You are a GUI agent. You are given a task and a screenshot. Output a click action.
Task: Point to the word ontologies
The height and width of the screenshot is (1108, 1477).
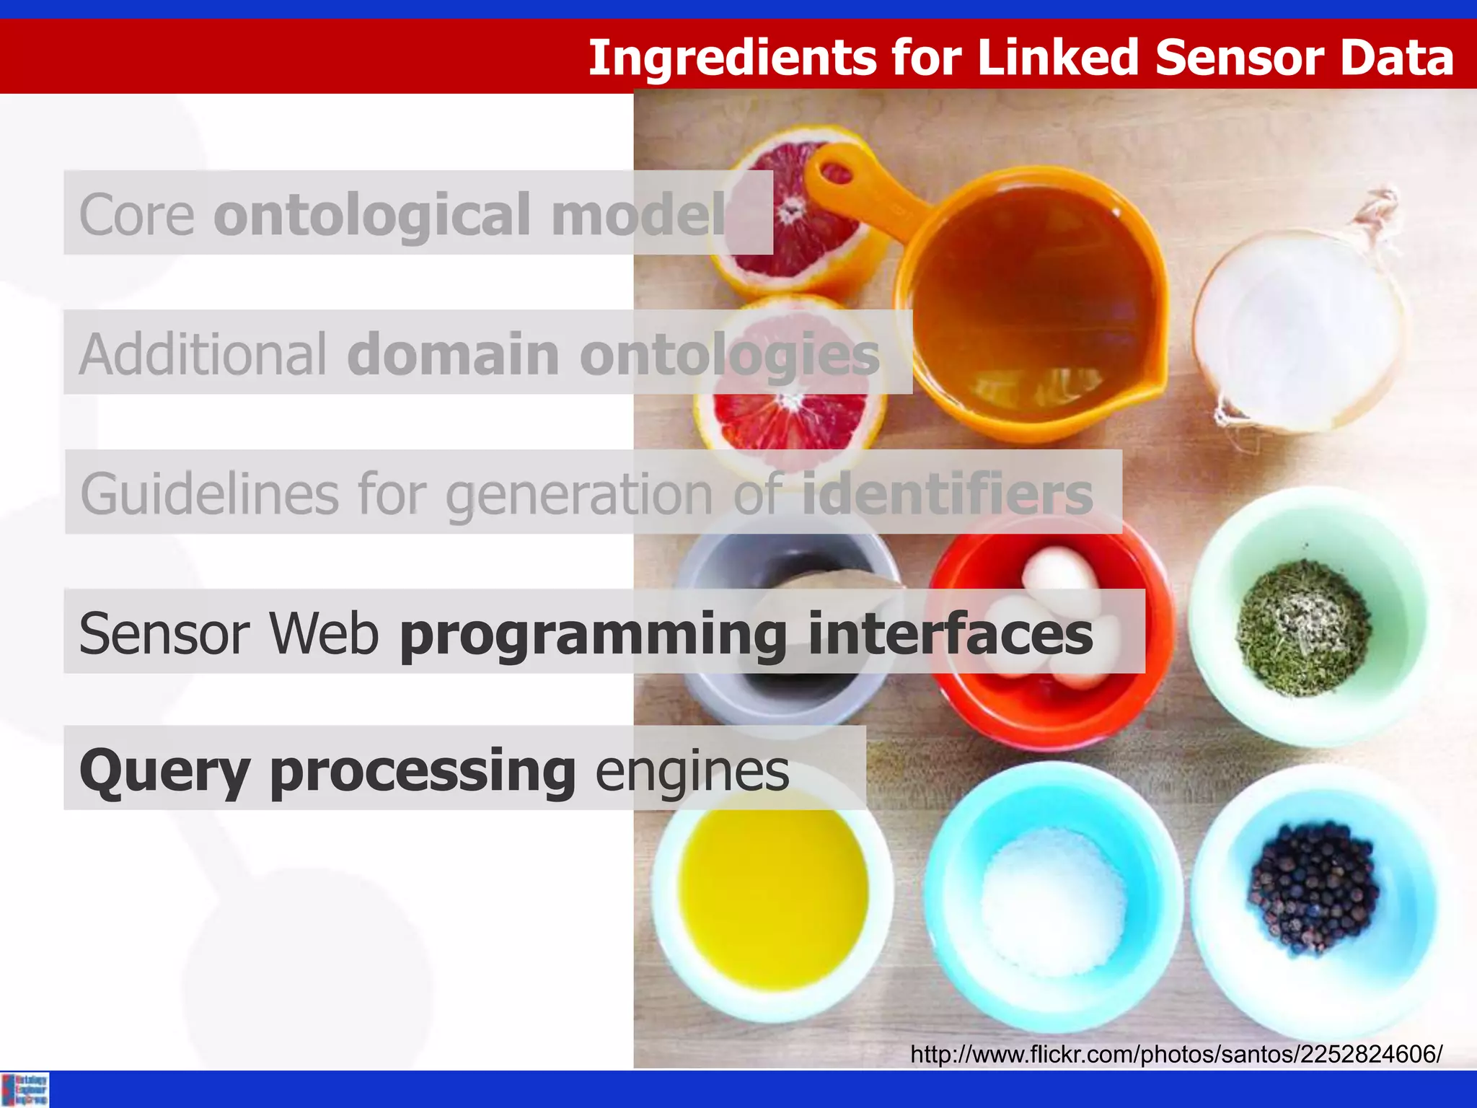tap(729, 356)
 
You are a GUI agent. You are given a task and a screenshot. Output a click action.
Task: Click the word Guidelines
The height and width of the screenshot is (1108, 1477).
tap(210, 494)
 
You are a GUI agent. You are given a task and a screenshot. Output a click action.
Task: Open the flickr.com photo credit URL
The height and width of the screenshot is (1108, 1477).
tap(1176, 1055)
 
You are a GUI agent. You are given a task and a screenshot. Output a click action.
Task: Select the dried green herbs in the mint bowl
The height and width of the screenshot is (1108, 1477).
tap(1304, 628)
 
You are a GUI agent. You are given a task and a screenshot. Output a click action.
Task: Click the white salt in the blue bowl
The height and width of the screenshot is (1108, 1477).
tap(1053, 902)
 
